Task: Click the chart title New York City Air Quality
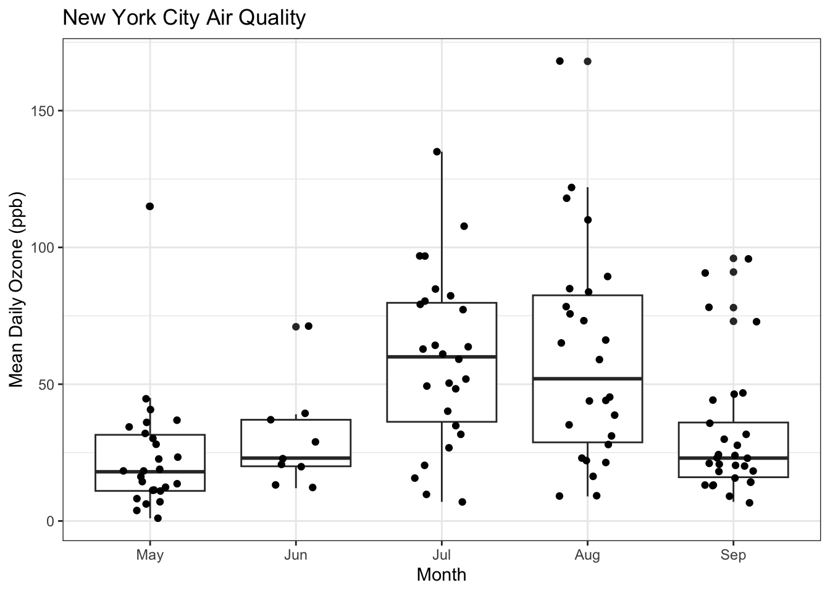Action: pyautogui.click(x=184, y=17)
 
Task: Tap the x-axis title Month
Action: pyautogui.click(x=441, y=575)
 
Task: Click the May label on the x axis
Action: pyautogui.click(x=150, y=555)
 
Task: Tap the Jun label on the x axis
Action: pyautogui.click(x=296, y=555)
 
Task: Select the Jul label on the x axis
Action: pyautogui.click(x=441, y=555)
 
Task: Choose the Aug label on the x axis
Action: pyautogui.click(x=587, y=555)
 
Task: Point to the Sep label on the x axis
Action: pyautogui.click(x=733, y=555)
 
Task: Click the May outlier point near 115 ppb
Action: pyautogui.click(x=149, y=206)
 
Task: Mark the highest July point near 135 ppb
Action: pyautogui.click(x=437, y=151)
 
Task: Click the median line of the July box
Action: pyautogui.click(x=442, y=356)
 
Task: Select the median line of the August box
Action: pyautogui.click(x=587, y=378)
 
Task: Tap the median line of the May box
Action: pyautogui.click(x=150, y=471)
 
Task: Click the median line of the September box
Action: pyautogui.click(x=733, y=458)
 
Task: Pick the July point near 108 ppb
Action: pyautogui.click(x=464, y=226)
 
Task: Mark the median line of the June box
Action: pyautogui.click(x=296, y=458)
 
